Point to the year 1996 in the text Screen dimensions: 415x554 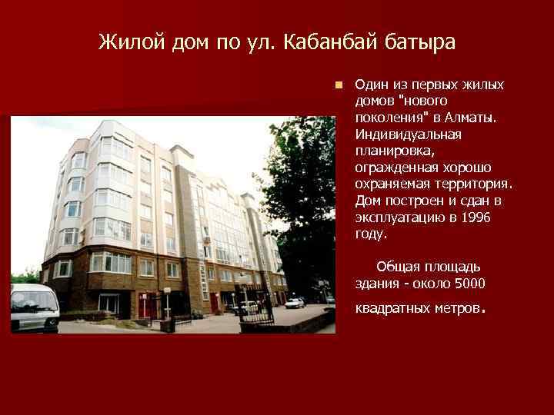tap(474, 218)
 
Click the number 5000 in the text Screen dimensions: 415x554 tap(469, 284)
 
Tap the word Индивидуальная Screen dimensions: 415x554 tap(408, 134)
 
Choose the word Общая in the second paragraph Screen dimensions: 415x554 tap(396, 267)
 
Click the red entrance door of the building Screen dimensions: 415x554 tap(215, 302)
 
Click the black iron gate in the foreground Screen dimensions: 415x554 tap(254, 316)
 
